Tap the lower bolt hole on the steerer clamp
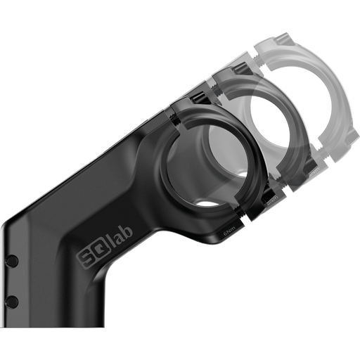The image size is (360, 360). (x=11, y=301)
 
